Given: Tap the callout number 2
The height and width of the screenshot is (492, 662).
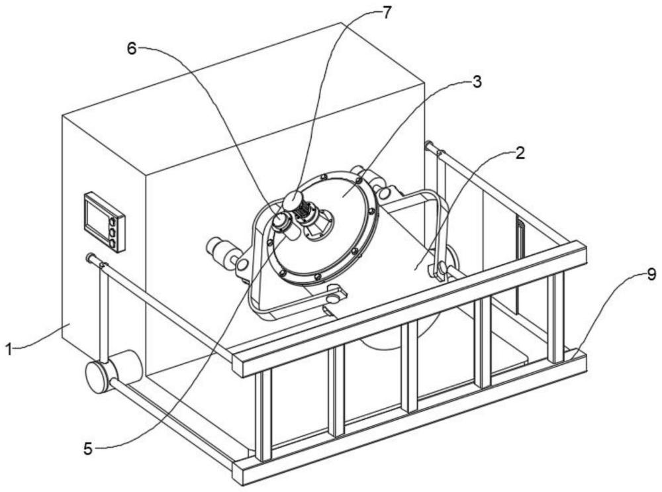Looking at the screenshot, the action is click(x=520, y=153).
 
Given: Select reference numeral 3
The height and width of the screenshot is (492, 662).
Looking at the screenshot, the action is click(x=476, y=82).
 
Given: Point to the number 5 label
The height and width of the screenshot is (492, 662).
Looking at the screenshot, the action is click(x=88, y=449).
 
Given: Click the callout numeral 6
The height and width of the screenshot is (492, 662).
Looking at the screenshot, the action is click(x=132, y=49).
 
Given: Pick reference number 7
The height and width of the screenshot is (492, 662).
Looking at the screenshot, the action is click(x=387, y=13).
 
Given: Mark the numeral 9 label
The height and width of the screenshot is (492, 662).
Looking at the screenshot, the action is click(x=651, y=275).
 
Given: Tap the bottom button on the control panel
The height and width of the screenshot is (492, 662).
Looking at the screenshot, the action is click(x=113, y=243).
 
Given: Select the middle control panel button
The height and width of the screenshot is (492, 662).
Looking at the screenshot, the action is click(x=113, y=232).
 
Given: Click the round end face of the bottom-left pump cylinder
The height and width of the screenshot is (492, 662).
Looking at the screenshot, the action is click(x=98, y=377).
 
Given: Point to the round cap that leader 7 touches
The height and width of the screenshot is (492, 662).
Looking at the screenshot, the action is click(x=293, y=199).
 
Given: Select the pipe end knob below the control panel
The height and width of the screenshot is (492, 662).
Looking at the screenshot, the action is click(x=89, y=257).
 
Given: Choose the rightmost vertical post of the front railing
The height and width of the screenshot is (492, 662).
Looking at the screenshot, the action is click(x=557, y=318).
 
